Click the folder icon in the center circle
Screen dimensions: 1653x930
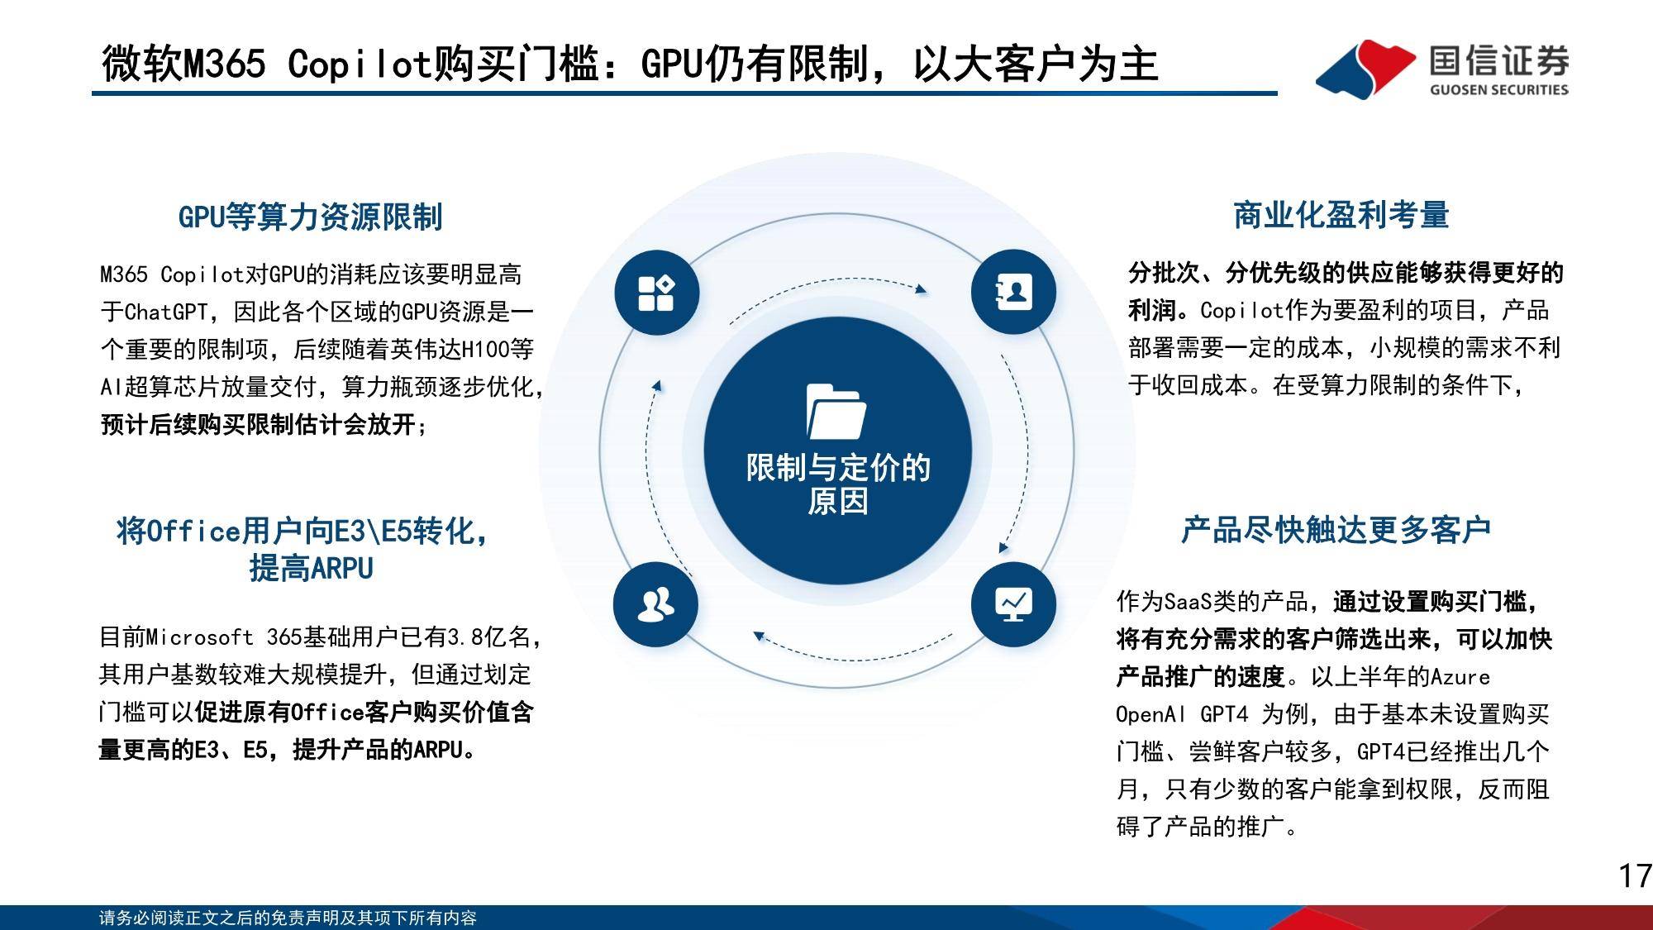point(836,411)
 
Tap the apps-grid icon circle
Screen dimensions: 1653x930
point(656,293)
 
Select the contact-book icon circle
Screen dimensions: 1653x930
point(1013,292)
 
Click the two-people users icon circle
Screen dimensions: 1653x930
point(655,604)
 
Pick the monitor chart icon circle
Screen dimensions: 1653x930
point(1013,603)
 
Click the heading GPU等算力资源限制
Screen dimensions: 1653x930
point(310,217)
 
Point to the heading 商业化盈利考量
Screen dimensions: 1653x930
point(1341,215)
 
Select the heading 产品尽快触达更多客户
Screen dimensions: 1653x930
point(1336,530)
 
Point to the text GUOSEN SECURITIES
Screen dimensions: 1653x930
point(1498,89)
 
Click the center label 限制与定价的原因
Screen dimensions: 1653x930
point(838,484)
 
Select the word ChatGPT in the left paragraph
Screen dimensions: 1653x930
point(166,312)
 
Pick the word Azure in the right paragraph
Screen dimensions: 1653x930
point(1460,677)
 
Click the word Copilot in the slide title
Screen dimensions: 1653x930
point(360,64)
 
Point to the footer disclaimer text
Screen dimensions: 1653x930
point(288,918)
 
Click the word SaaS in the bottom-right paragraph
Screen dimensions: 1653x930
point(1188,601)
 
